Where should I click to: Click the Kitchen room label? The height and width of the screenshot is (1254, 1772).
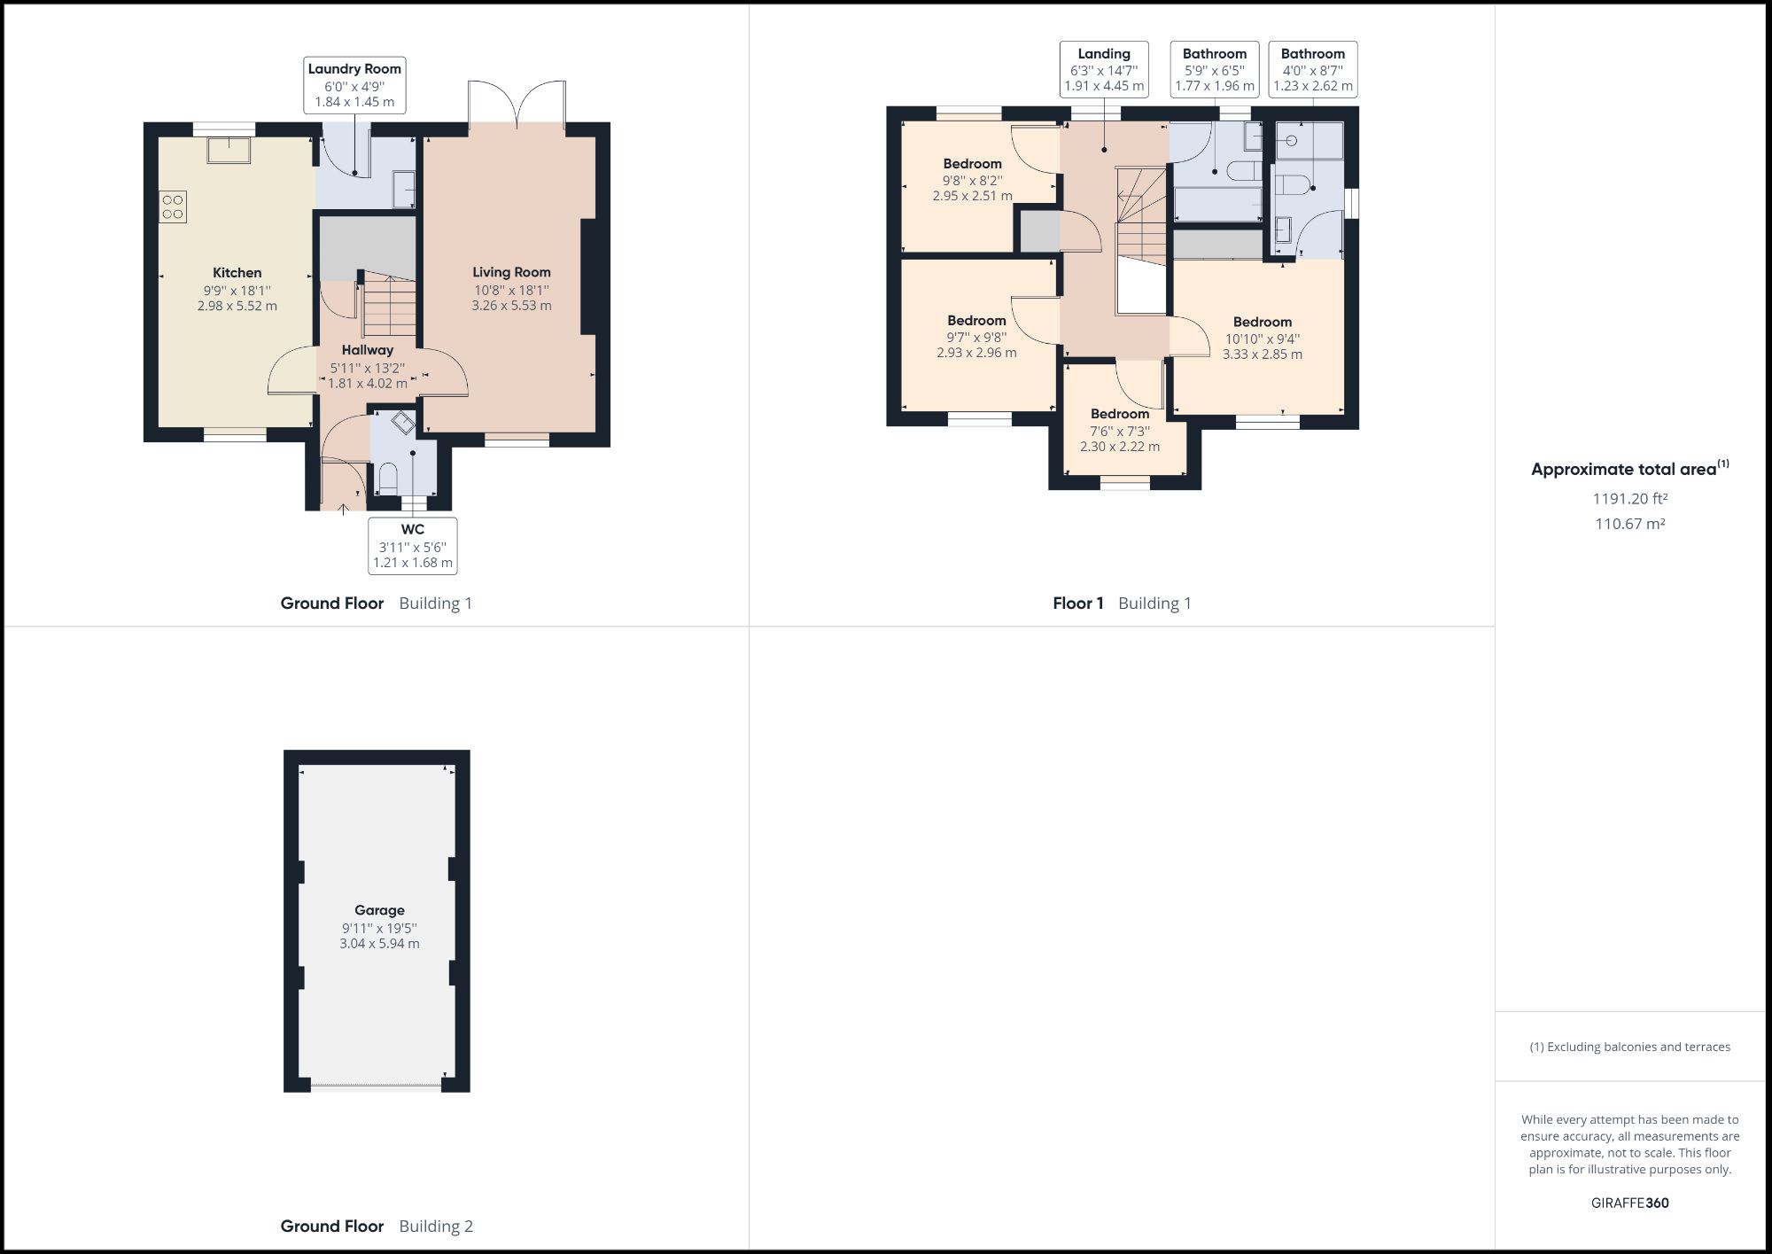click(x=237, y=273)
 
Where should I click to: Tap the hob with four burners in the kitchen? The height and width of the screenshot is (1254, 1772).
click(x=173, y=206)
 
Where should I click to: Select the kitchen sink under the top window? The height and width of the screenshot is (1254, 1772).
click(x=229, y=150)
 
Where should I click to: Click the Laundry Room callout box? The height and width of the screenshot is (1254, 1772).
click(x=354, y=85)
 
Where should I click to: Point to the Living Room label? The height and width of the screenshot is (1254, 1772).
click(x=511, y=273)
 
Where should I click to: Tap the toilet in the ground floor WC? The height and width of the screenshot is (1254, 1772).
click(x=388, y=479)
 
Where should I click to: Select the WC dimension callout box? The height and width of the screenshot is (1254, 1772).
click(x=413, y=546)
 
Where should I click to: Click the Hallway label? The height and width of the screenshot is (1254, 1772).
click(x=367, y=350)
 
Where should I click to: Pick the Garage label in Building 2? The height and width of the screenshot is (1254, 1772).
click(x=379, y=910)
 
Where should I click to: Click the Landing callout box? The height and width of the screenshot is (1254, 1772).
click(x=1104, y=69)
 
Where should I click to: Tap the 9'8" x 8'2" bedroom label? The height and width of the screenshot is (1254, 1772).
click(x=972, y=164)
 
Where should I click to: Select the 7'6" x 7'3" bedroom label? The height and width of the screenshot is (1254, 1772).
click(x=1120, y=414)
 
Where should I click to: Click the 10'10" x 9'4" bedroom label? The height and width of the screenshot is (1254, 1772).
click(x=1262, y=323)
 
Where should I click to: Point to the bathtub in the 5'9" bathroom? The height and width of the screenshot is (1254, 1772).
click(x=1217, y=204)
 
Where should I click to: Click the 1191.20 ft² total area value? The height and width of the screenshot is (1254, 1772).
click(x=1629, y=499)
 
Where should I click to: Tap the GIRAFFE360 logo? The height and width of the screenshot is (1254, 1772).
click(x=1629, y=1203)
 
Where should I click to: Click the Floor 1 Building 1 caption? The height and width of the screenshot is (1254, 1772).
click(x=1122, y=604)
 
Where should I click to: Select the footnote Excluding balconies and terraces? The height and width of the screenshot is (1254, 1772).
click(x=1629, y=1047)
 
